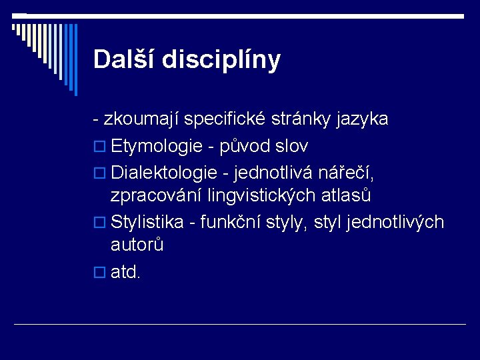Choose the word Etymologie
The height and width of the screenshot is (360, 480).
pos(157,146)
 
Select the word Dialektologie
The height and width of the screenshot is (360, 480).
pos(164,172)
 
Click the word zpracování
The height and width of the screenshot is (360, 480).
pos(156,196)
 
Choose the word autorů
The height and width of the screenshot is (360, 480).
pos(137,246)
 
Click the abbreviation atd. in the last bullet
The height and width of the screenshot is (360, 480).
pos(125,271)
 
